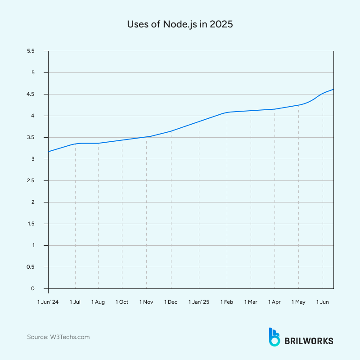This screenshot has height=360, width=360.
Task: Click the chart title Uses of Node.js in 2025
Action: [180, 25]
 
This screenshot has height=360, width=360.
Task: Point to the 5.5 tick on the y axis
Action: [31, 51]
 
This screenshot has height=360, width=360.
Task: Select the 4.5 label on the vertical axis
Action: [31, 94]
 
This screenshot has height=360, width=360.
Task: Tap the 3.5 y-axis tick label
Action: [31, 137]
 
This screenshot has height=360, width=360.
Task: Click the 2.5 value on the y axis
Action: [31, 180]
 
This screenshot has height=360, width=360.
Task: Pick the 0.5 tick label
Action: [31, 267]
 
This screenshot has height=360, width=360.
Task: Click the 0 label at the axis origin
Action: [33, 288]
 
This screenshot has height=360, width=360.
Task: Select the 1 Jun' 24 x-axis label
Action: [48, 302]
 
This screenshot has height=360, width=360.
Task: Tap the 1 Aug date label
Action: [98, 302]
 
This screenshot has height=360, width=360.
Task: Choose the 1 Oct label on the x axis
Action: [122, 302]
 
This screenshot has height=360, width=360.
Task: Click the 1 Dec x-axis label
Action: [171, 302]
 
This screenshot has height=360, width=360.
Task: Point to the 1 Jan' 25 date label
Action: [199, 302]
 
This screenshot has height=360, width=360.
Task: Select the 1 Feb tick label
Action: [227, 302]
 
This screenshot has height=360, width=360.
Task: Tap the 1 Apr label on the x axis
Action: [274, 302]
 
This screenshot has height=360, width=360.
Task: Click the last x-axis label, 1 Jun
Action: [323, 302]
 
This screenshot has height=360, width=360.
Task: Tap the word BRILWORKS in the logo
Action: [309, 341]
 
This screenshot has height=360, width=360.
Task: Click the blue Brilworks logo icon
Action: [274, 337]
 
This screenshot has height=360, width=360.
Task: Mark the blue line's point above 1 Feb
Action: [227, 112]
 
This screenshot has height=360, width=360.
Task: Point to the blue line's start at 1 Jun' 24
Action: [49, 151]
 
